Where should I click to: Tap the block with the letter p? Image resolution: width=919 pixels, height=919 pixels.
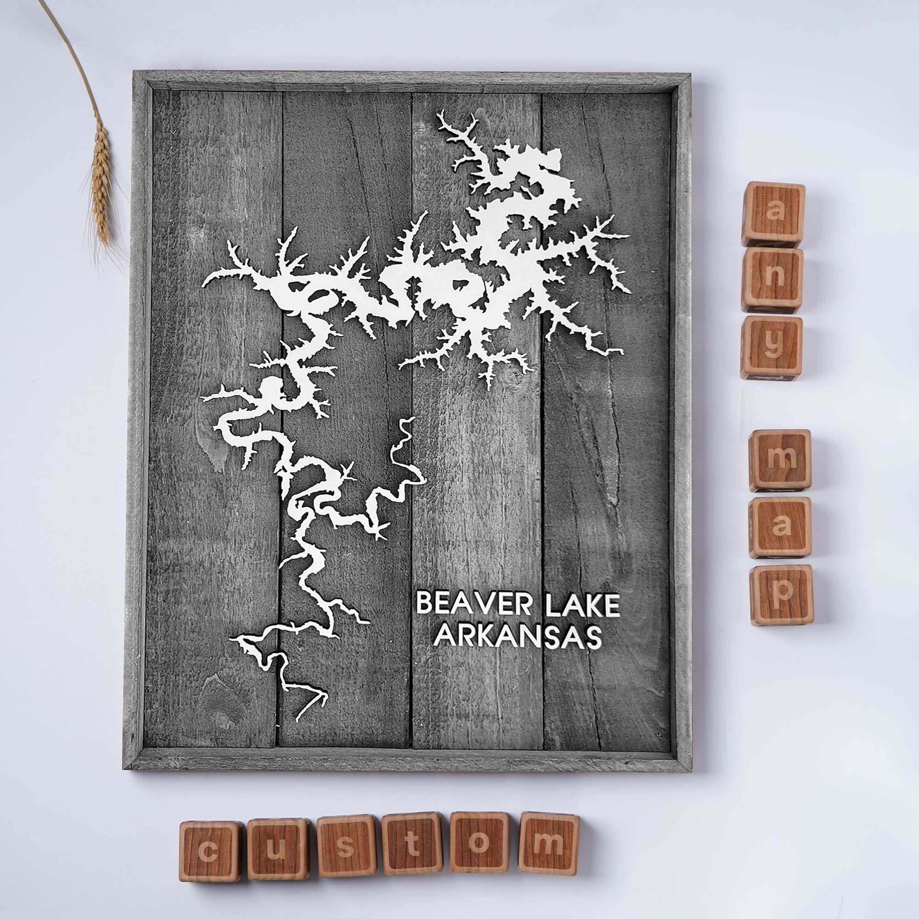[782, 595]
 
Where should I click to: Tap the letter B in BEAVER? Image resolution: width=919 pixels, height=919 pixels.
[424, 605]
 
